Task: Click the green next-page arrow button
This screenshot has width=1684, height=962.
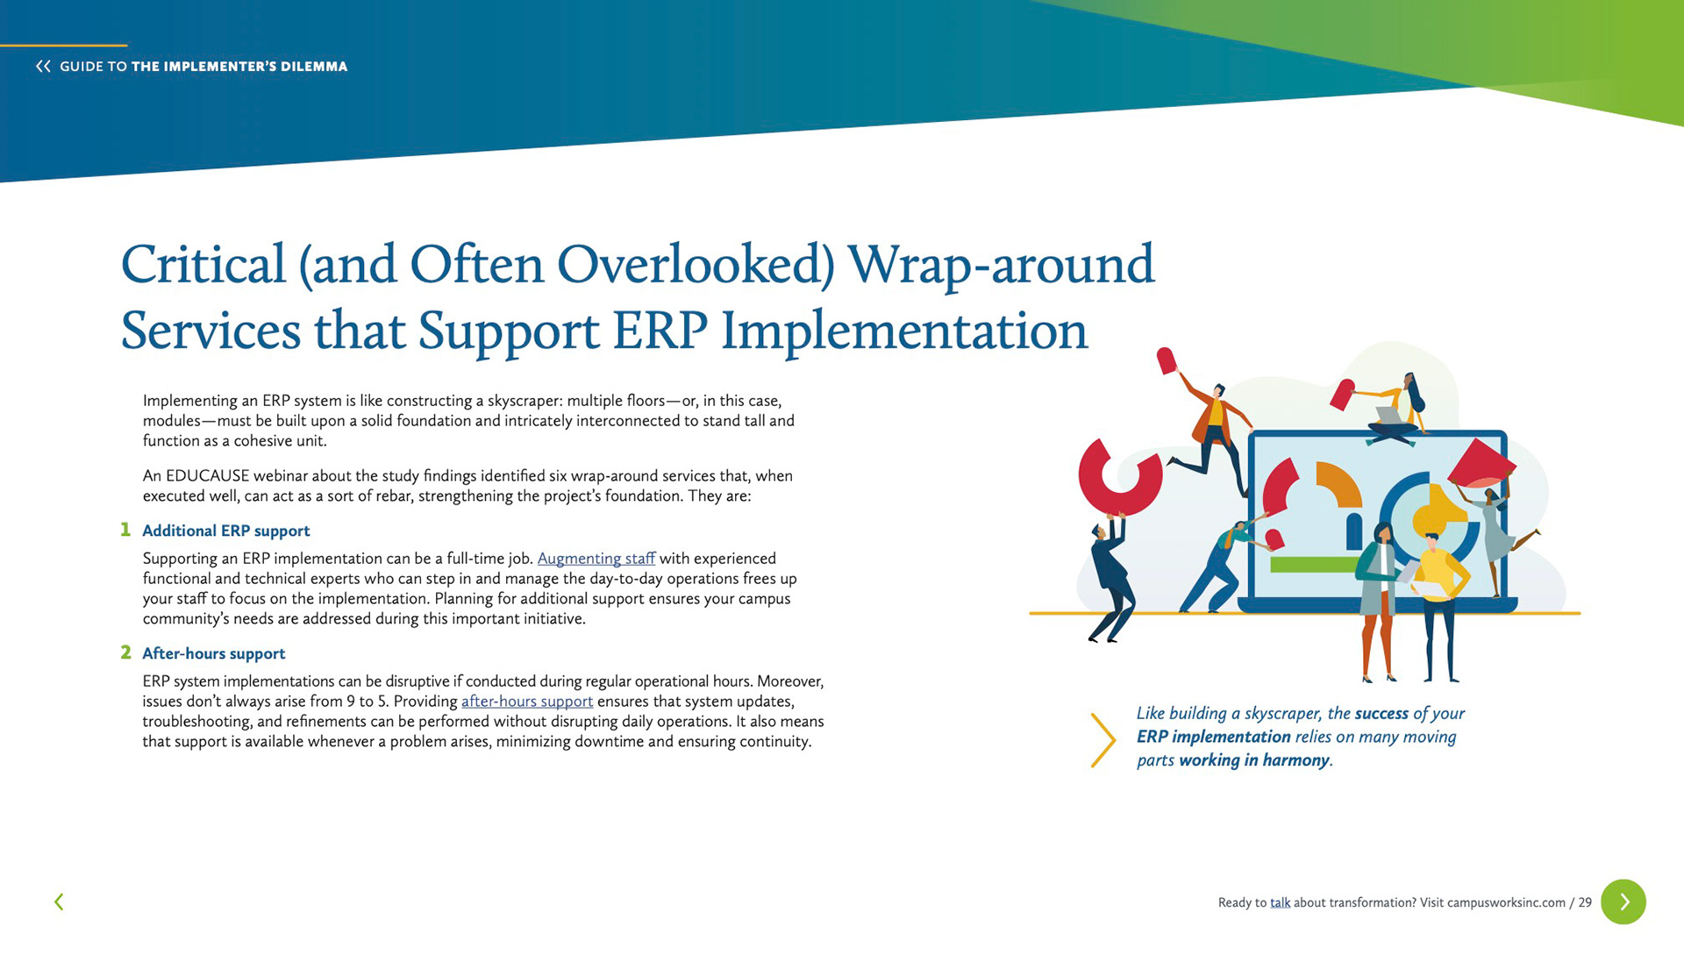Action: [x=1623, y=901]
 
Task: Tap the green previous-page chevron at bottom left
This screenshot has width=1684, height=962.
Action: [x=59, y=901]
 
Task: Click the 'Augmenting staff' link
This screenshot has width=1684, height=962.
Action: [x=596, y=559]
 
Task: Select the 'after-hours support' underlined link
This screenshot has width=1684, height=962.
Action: [x=527, y=702]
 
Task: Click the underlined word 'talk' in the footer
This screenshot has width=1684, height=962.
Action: [x=1281, y=902]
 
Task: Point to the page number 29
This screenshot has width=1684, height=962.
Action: [x=1585, y=902]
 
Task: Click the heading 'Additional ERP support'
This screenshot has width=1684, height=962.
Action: [x=226, y=531]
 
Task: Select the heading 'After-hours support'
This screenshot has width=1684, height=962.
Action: [x=214, y=653]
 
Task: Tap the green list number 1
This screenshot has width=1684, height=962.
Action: [x=125, y=530]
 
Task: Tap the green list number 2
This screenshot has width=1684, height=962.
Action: [x=125, y=652]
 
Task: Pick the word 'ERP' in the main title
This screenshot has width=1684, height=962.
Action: [x=660, y=331]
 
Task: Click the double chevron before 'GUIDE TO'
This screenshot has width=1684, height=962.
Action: [x=43, y=66]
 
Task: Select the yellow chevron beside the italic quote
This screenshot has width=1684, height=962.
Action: [x=1103, y=740]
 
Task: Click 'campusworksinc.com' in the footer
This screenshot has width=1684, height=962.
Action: [x=1506, y=902]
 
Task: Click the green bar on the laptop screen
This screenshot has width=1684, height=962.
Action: [x=1314, y=564]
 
